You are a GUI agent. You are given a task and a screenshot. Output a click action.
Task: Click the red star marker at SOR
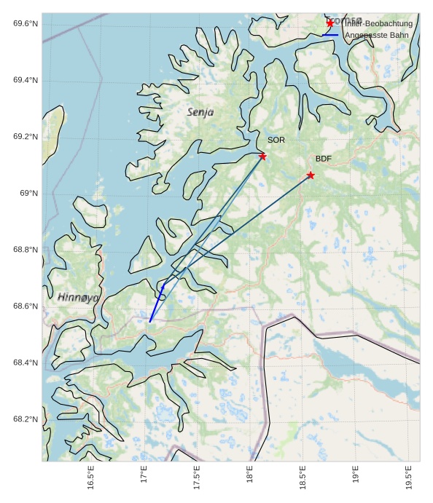262,157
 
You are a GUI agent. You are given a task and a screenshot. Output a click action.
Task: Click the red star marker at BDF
311,175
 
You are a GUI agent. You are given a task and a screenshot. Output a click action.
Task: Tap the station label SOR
276,140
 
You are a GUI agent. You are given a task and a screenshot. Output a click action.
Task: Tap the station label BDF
324,159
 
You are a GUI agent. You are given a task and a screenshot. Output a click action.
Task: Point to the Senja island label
200,112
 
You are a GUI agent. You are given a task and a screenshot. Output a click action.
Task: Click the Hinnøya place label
78,297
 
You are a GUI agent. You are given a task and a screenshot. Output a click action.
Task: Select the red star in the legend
330,23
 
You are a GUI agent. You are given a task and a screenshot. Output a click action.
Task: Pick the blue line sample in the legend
330,35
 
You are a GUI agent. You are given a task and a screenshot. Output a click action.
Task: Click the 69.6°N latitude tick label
25,24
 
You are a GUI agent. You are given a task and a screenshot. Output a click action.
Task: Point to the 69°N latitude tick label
28,194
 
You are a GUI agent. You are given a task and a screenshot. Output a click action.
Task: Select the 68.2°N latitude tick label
25,420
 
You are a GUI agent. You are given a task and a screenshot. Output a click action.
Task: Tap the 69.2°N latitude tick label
25,137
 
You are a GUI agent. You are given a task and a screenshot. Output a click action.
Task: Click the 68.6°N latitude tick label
25,306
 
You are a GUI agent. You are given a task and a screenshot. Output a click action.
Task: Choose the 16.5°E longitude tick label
90,479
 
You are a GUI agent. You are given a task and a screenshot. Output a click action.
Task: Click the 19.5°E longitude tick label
408,479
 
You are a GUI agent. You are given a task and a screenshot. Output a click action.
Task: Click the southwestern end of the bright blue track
150,321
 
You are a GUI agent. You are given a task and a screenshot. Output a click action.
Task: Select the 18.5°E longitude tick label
303,479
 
